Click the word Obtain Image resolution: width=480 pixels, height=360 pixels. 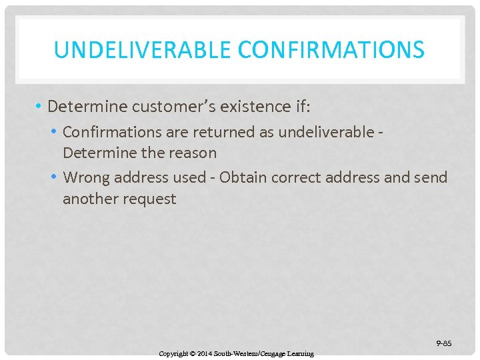click(243, 177)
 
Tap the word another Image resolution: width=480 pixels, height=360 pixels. click(91, 198)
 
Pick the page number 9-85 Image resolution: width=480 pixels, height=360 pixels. click(444, 343)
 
